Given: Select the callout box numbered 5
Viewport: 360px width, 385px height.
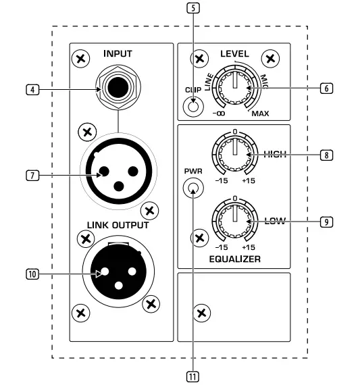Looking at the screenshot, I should pyautogui.click(x=195, y=10).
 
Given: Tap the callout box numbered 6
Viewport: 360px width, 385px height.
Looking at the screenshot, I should pyautogui.click(x=326, y=88).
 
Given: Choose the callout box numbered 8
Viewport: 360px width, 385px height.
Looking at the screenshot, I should pyautogui.click(x=326, y=155).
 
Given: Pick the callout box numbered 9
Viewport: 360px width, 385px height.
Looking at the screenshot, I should pyautogui.click(x=326, y=221).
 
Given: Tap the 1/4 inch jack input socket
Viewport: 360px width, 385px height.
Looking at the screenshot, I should pyautogui.click(x=118, y=88).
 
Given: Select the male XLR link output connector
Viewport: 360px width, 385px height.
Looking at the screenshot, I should pyautogui.click(x=118, y=272).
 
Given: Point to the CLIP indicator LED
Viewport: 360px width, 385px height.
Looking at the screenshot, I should pyautogui.click(x=195, y=106).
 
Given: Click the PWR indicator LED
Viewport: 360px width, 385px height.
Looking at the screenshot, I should pyautogui.click(x=195, y=190).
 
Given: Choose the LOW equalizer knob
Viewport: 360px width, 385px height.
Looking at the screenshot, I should pyautogui.click(x=234, y=221).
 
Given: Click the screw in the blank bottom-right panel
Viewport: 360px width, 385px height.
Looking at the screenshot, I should pyautogui.click(x=200, y=312).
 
